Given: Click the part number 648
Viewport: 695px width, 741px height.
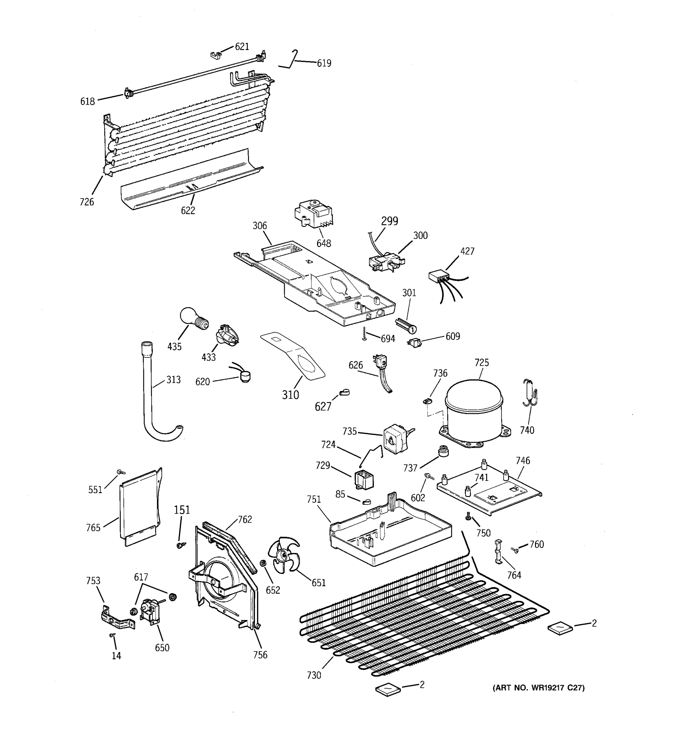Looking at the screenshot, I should click(x=324, y=243).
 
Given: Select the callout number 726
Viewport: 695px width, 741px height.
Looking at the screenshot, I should click(x=86, y=202).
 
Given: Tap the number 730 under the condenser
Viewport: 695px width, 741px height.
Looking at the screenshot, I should click(x=314, y=675).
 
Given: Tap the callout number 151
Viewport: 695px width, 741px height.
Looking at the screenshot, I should click(x=182, y=509).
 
